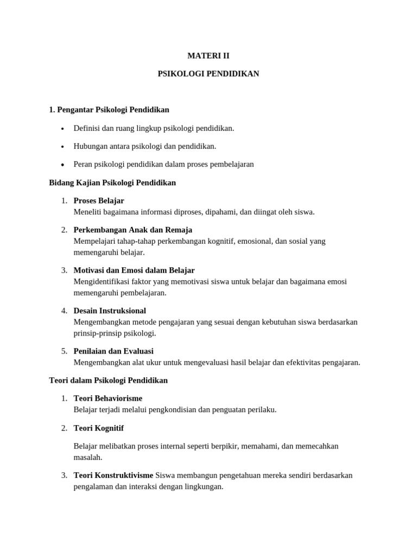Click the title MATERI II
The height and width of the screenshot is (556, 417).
click(208, 55)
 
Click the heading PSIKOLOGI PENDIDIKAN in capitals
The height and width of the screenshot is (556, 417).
click(208, 73)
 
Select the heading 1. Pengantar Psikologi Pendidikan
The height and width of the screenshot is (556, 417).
click(109, 110)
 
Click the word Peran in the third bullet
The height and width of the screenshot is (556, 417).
click(83, 164)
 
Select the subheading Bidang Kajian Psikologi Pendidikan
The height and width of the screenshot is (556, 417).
click(112, 182)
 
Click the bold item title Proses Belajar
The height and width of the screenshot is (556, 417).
click(99, 200)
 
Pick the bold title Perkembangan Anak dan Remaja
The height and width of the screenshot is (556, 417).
click(133, 230)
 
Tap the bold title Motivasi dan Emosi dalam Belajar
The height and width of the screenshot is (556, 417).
click(134, 270)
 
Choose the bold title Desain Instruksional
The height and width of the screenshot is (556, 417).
click(110, 311)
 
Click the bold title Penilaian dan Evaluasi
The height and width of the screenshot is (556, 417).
click(113, 351)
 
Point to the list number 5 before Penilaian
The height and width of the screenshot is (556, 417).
click(64, 351)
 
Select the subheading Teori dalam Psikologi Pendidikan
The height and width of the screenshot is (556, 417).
click(109, 380)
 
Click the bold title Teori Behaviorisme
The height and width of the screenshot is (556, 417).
click(108, 398)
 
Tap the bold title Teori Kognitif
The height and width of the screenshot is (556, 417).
click(99, 428)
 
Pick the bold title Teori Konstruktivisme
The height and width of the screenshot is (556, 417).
click(113, 475)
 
